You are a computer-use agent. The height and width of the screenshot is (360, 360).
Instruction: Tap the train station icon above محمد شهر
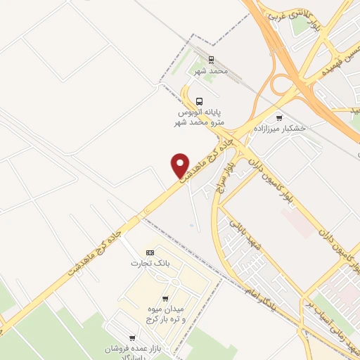[212, 61]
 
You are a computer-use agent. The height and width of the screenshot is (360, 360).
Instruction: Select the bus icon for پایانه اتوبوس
[200, 101]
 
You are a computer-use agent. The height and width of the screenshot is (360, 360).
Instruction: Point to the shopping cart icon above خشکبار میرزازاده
[279, 118]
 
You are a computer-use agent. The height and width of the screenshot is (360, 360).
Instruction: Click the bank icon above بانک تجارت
[149, 252]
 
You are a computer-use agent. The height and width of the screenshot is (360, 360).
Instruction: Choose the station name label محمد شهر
[212, 72]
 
